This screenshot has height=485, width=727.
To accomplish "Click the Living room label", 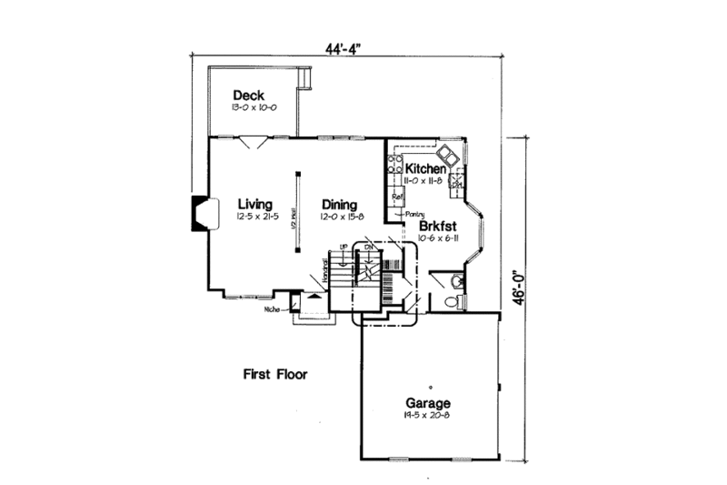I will [x=256, y=204].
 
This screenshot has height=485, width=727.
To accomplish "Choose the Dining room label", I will [x=338, y=204].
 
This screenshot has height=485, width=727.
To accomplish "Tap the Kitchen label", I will [x=425, y=169].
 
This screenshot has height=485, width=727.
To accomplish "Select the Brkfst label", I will [x=436, y=226].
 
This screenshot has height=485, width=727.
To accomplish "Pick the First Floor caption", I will [x=275, y=374].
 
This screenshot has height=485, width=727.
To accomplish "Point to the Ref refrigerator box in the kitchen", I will [x=396, y=196].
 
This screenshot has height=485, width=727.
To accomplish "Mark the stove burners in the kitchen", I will [x=395, y=165].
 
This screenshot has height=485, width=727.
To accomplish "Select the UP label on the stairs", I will [x=344, y=248].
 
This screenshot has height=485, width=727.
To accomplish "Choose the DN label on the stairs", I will [x=369, y=248].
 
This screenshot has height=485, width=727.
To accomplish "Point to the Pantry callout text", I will [x=404, y=213].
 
